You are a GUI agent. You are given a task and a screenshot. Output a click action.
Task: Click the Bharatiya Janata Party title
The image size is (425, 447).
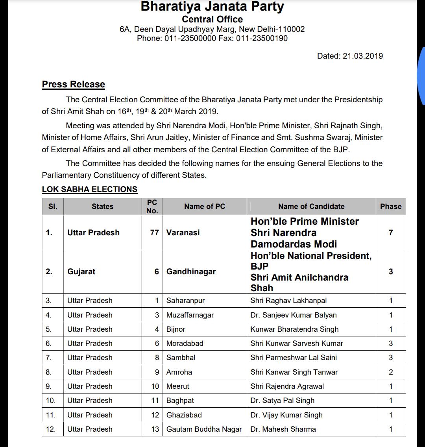pyautogui.click(x=212, y=6)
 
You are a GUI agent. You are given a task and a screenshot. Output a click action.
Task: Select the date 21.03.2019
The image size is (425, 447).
pyautogui.click(x=362, y=56)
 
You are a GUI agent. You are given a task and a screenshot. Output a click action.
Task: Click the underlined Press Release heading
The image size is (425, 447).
pyautogui.click(x=74, y=84)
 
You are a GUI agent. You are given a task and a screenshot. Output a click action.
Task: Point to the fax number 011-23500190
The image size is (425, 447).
pyautogui.click(x=262, y=38)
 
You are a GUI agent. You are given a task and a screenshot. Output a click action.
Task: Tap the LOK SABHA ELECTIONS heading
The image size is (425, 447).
pyautogui.click(x=90, y=189)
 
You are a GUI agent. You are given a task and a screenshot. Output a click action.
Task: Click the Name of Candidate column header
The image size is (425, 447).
pyautogui.click(x=311, y=206)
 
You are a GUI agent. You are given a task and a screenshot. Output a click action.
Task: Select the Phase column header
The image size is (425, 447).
pyautogui.click(x=390, y=206)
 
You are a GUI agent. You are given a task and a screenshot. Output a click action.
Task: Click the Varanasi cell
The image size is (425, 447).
pyautogui.click(x=183, y=233)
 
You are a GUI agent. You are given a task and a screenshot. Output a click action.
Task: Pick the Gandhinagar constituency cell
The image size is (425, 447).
pyautogui.click(x=191, y=272)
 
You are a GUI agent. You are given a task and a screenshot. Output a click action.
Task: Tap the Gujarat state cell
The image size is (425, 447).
pyautogui.click(x=81, y=272)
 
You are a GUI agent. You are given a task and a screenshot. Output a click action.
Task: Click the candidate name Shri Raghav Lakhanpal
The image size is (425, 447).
pyautogui.click(x=288, y=301)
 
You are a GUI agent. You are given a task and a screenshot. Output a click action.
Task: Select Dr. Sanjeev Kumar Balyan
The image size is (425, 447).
pyautogui.click(x=294, y=315)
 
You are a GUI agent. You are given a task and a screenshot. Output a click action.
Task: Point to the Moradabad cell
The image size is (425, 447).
pyautogui.click(x=185, y=343)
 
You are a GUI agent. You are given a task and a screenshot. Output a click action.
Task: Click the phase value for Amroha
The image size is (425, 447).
pyautogui.click(x=390, y=372)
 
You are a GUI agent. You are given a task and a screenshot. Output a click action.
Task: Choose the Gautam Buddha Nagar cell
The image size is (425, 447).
pyautogui.click(x=204, y=429)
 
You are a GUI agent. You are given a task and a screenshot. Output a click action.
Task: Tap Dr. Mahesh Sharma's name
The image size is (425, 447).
pyautogui.click(x=283, y=429)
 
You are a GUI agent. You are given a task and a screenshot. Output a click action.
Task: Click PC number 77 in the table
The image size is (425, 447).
pyautogui.click(x=154, y=233)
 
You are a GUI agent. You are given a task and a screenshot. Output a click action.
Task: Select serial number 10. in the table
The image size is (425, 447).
pyautogui.click(x=51, y=400)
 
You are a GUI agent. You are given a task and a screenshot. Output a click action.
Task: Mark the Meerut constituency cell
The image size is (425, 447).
pyautogui.click(x=178, y=386)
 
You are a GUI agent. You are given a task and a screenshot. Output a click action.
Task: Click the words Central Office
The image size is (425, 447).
pyautogui.click(x=212, y=19)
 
